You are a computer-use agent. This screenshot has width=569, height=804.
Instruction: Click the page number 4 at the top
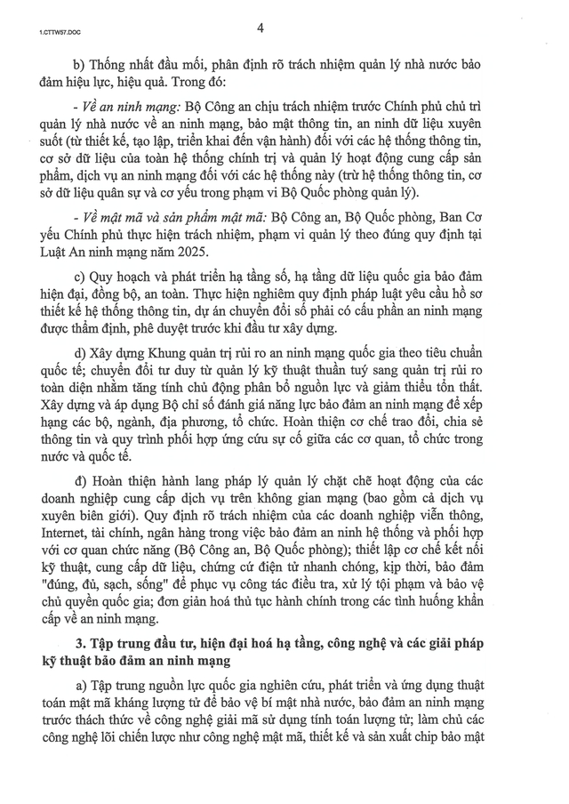point(260,28)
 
